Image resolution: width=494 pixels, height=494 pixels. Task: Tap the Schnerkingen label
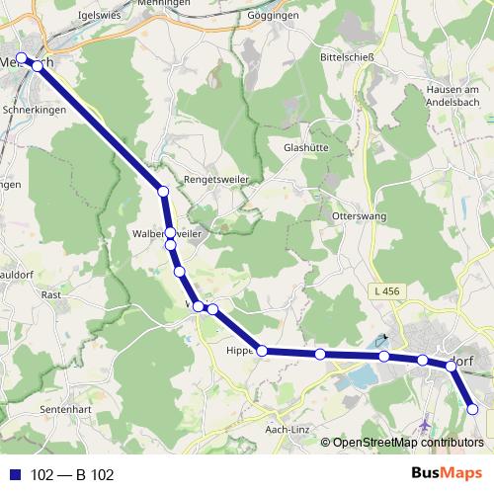coord(35,111)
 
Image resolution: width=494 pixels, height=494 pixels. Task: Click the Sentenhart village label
coord(67,407)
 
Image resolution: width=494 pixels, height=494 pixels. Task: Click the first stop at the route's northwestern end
coord(21,58)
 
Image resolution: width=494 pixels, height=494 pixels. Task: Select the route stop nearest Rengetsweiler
coord(163,190)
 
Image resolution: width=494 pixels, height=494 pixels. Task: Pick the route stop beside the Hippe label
coord(262,350)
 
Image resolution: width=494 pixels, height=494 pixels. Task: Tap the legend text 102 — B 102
coord(73,475)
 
